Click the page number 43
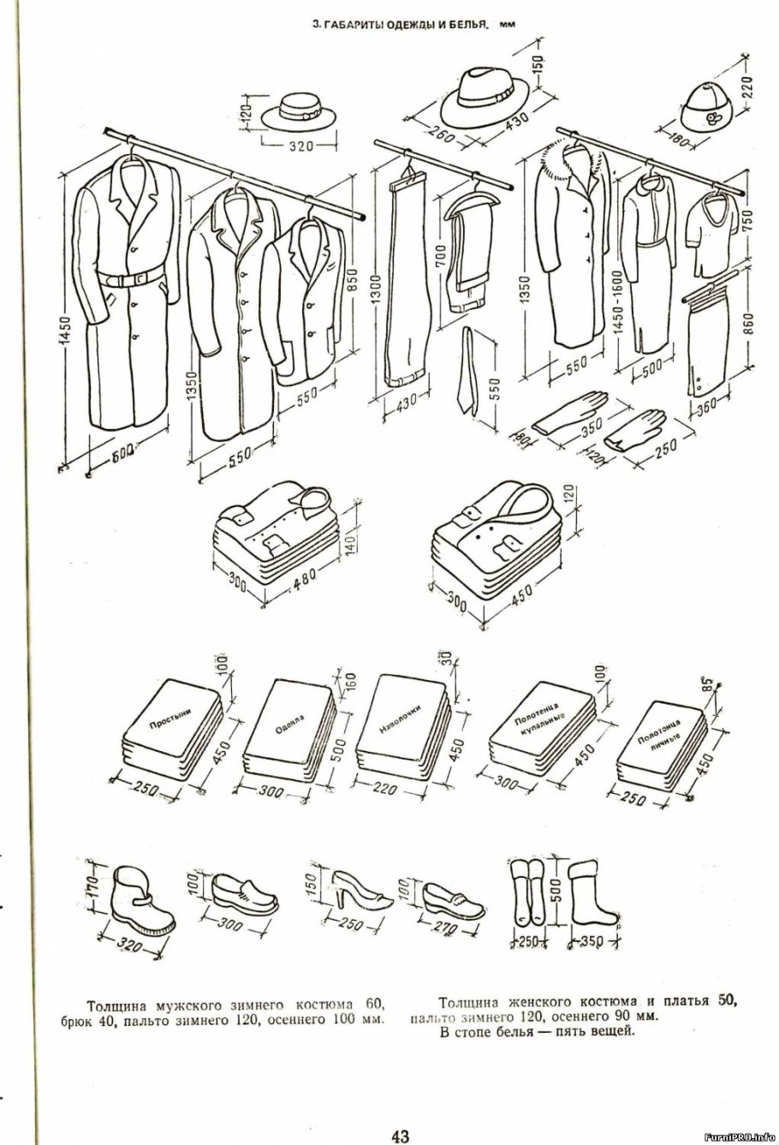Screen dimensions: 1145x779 pos(400,1136)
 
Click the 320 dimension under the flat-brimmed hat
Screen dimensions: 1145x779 pos(300,146)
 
